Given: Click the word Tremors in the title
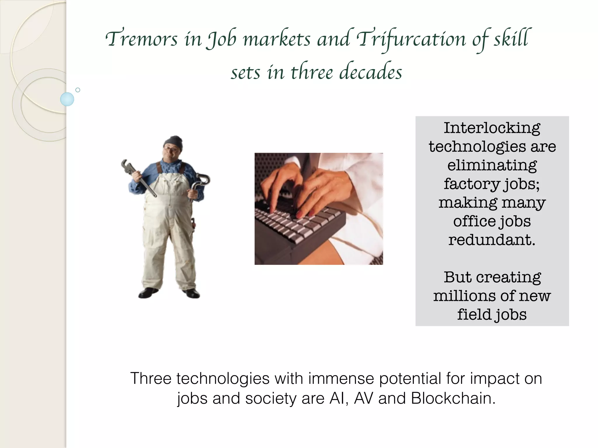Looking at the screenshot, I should (x=141, y=39).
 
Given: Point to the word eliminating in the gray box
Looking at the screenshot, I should (x=492, y=165).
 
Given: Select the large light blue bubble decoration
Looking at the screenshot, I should (x=67, y=99).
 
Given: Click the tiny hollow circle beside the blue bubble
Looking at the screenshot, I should (x=78, y=90).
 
